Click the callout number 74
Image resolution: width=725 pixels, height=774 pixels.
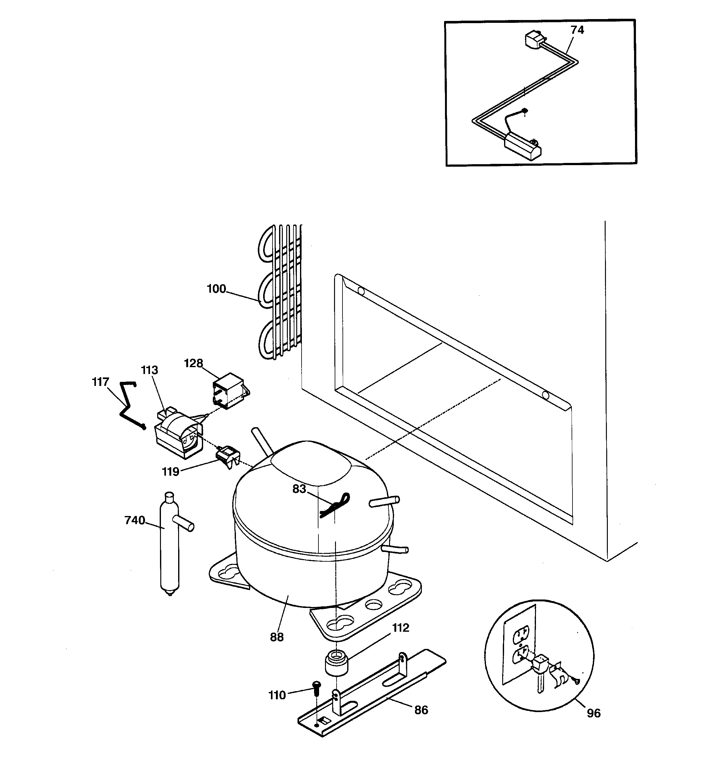click(577, 30)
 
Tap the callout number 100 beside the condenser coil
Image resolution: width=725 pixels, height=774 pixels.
click(216, 289)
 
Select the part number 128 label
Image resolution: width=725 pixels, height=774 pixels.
click(193, 363)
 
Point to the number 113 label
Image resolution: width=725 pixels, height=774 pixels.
click(149, 370)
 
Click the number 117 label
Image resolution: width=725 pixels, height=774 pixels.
click(100, 382)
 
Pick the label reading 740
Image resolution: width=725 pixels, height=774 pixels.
click(135, 520)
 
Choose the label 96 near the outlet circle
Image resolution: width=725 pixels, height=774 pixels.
click(593, 713)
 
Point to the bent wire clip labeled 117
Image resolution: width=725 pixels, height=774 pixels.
click(128, 405)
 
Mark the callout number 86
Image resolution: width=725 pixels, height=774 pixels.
click(421, 710)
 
